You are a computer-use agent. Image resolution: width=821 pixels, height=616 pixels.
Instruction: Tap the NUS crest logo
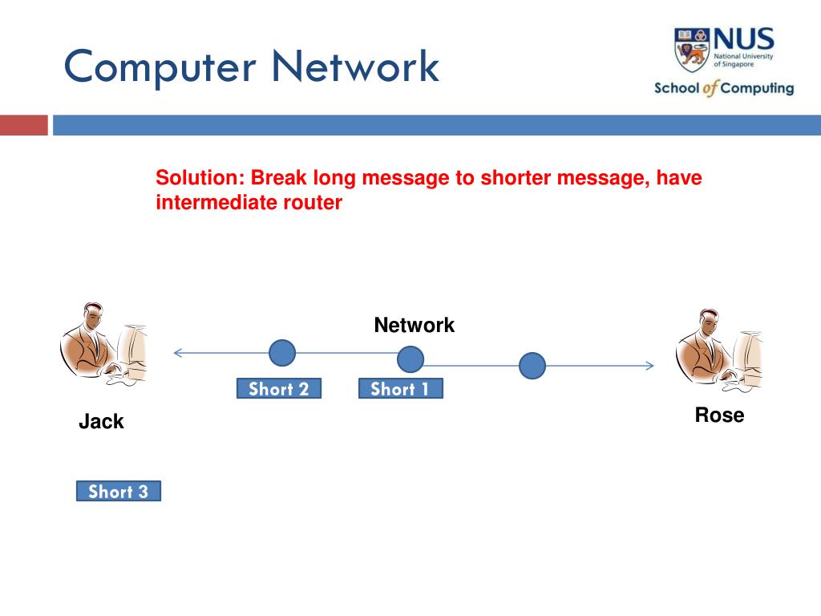coord(691,50)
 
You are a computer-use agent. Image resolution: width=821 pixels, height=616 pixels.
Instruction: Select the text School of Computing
coord(724,88)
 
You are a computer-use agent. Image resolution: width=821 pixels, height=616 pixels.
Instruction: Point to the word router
coord(312,203)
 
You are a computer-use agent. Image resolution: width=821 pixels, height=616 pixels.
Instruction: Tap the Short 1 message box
coord(400,389)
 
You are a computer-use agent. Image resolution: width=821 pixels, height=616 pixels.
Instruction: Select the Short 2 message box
coord(278,389)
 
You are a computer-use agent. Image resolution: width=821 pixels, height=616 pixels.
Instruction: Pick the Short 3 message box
coord(118,492)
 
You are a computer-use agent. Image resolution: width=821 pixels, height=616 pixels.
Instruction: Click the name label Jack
coord(101,422)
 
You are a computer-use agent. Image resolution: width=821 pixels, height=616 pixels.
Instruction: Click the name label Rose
coord(719,415)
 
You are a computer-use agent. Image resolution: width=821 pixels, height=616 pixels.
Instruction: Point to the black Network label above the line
coord(414,326)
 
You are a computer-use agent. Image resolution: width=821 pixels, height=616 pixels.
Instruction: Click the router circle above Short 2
coord(282,353)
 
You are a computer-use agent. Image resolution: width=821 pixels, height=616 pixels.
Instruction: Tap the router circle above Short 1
coord(410,359)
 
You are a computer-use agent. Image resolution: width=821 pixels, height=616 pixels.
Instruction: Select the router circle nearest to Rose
coord(532,366)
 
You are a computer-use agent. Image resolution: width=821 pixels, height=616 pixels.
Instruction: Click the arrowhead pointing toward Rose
coord(650,366)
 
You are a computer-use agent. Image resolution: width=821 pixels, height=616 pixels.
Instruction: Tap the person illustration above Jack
coord(103,346)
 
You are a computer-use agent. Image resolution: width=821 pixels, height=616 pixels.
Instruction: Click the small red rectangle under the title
coord(23,126)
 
